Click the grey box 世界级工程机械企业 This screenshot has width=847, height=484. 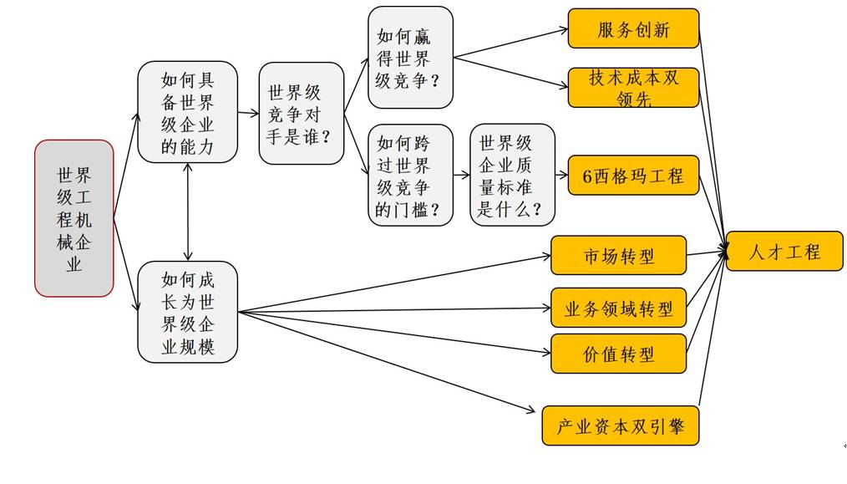coord(74,218)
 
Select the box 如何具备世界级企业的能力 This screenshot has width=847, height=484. coord(188,112)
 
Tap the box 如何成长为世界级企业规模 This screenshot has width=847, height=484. coord(188,312)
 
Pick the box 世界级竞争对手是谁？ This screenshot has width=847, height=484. coord(302,113)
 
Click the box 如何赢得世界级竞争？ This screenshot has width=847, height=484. coord(410,58)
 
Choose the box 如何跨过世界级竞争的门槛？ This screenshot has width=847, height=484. coord(410,175)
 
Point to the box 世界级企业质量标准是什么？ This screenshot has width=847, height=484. coord(512,175)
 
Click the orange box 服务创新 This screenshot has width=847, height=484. coord(633,29)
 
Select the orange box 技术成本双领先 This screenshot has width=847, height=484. coord(633,88)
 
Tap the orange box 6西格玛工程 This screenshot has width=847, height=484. coord(633,176)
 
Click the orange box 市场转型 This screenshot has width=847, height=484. coord(618,255)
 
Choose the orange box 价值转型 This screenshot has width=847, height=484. coord(618,354)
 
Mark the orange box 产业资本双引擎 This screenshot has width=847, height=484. coord(620,425)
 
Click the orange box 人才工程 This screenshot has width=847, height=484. coord(784,251)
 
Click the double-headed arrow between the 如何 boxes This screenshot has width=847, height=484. coord(188,211)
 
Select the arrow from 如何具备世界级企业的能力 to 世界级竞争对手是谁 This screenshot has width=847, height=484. coord(248,112)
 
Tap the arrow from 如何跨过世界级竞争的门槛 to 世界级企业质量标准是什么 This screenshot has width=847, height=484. coord(461,176)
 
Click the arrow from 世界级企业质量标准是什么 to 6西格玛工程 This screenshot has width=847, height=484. coord(561,176)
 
